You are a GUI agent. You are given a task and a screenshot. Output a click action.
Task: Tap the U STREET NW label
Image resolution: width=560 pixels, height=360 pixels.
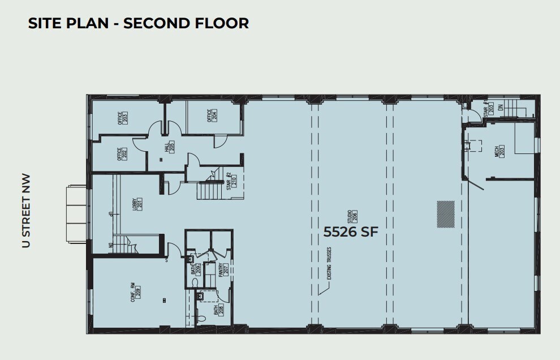coord(25,211)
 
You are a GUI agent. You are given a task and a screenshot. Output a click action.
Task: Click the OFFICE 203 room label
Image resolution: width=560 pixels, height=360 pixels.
coord(122,118)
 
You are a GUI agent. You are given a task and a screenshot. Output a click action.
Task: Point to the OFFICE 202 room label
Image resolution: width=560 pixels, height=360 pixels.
coord(122,153)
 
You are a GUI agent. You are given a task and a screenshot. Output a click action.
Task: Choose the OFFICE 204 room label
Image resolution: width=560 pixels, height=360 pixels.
coord(212,115)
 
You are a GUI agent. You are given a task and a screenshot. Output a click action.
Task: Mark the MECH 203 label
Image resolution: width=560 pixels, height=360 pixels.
coord(499,151)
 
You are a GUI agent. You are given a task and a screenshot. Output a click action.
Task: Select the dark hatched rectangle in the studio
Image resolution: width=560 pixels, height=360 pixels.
coord(446,215)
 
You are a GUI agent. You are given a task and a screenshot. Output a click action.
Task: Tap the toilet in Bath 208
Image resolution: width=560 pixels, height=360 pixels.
coord(200,295)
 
